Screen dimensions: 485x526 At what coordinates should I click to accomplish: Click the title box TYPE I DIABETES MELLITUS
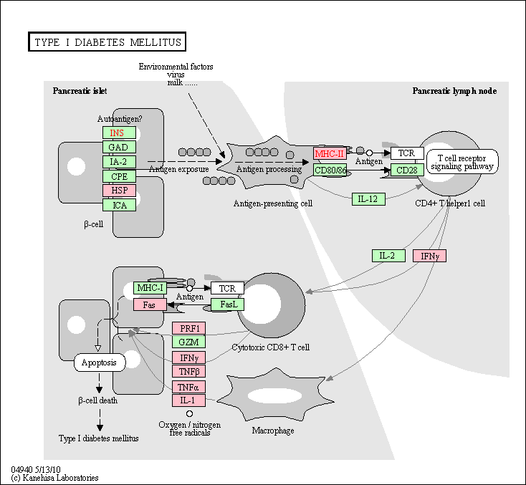click(x=107, y=42)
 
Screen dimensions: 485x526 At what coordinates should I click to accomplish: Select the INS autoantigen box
click(x=118, y=133)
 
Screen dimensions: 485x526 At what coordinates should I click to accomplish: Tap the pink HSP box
click(x=118, y=191)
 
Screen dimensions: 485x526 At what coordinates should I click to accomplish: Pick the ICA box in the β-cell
click(x=118, y=205)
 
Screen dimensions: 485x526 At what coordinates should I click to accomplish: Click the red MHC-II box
click(x=330, y=153)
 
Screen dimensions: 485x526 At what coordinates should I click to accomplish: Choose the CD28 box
click(x=407, y=170)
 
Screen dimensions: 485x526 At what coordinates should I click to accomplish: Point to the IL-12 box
click(x=368, y=198)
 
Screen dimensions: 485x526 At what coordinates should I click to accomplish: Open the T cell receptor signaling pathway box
click(x=462, y=162)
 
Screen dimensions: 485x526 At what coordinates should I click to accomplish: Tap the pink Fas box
click(x=150, y=304)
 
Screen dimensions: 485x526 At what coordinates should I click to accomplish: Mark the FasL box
click(x=228, y=304)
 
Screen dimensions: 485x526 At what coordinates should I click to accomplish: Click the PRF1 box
click(x=189, y=328)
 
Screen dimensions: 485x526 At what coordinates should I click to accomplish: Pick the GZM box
click(x=189, y=342)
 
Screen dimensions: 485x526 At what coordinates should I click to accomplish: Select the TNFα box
click(x=189, y=387)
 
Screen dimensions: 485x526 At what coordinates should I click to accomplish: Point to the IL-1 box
click(x=189, y=400)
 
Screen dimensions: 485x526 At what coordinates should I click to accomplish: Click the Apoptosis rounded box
click(x=100, y=362)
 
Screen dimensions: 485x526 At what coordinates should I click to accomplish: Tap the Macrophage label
click(x=272, y=431)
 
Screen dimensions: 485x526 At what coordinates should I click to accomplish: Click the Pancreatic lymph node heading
click(x=454, y=91)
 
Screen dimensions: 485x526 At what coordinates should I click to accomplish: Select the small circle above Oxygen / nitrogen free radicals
click(x=189, y=414)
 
